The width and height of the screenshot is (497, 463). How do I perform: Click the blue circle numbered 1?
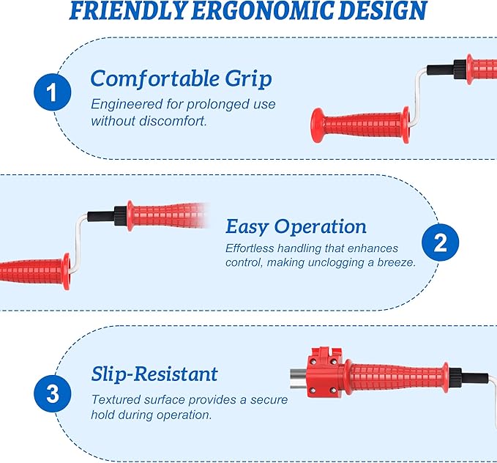pos(52,92)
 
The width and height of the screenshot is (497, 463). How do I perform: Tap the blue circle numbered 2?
pos(440,242)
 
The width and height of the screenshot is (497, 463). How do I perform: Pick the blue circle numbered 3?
pos(52,394)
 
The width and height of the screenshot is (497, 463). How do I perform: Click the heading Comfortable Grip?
pos(181,78)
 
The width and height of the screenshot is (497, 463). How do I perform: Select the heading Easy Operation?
pos(296,226)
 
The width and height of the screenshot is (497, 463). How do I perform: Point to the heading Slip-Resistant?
pos(154,374)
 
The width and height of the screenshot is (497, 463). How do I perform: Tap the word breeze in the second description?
pos(396,262)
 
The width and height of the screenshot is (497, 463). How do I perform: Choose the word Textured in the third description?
pos(116,399)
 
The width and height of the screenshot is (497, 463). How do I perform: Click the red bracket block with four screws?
pos(324,373)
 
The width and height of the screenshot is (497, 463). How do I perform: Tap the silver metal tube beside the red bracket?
pos(299,379)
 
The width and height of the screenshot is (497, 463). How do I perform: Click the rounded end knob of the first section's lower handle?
pos(317,125)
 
